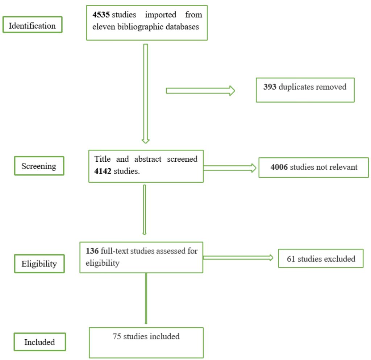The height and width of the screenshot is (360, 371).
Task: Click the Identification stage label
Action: coord(32,26)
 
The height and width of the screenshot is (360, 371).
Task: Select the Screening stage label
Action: coord(39,166)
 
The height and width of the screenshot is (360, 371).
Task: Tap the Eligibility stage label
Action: coord(39,263)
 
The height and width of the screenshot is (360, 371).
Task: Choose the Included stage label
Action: coord(39,342)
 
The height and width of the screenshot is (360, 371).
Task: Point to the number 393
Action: coord(270,87)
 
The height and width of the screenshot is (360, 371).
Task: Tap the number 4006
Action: coord(279,167)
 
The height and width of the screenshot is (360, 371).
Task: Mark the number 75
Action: coord(117,336)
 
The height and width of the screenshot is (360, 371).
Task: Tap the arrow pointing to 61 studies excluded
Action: coord(238,257)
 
